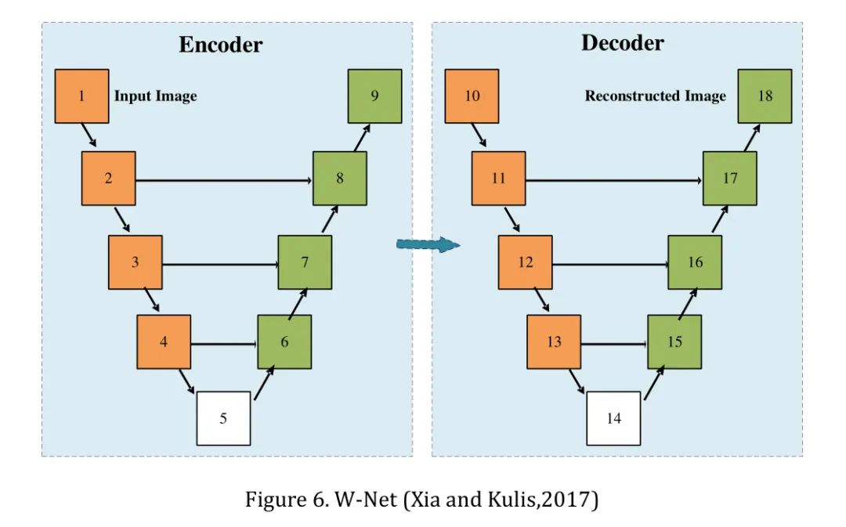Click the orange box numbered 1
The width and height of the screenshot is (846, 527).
point(81,96)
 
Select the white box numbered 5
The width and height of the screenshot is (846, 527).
point(223,418)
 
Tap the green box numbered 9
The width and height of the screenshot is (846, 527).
point(375,96)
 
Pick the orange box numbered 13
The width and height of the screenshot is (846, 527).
point(554,342)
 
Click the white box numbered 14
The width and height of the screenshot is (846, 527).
point(614,418)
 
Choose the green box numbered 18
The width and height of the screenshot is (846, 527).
point(765,96)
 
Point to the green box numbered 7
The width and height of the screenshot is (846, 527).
point(305,262)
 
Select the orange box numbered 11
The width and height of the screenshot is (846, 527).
point(498,179)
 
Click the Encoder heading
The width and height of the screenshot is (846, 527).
point(220,44)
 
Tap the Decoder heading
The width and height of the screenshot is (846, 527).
point(622,42)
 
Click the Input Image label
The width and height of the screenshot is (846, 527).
point(155,96)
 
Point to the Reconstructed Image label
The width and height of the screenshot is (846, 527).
point(655,96)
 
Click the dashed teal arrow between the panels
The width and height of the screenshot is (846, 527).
point(427,246)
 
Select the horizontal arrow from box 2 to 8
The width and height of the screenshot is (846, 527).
point(224,180)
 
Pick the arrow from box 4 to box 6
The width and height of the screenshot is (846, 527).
point(224,343)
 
